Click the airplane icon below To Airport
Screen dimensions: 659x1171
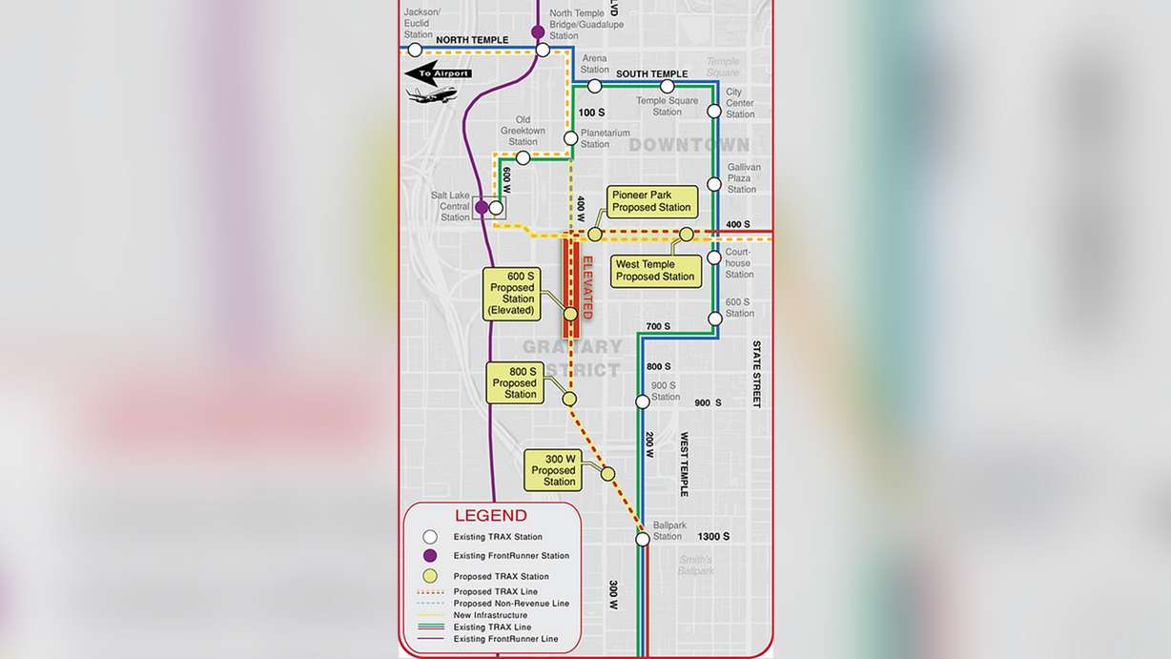tap(431, 94)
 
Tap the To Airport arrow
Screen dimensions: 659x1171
tap(437, 73)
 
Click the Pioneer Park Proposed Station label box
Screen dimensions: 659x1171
tap(652, 201)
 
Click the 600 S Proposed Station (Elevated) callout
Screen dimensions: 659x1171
tap(512, 293)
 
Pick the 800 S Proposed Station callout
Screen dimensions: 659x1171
tap(514, 381)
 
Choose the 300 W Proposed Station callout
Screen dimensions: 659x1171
tap(553, 470)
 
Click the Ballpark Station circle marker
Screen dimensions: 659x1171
tap(643, 539)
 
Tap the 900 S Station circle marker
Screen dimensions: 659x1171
tap(643, 402)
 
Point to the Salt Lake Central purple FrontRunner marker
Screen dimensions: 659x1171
tap(482, 207)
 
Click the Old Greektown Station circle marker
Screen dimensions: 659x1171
tap(523, 157)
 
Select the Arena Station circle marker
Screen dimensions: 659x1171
tap(594, 86)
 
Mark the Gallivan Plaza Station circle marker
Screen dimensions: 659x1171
tap(713, 183)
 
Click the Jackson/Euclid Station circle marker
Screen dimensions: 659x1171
tap(415, 50)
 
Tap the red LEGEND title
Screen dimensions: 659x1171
tap(491, 516)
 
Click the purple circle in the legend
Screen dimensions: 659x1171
tap(430, 556)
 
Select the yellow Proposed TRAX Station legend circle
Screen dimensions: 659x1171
tap(430, 576)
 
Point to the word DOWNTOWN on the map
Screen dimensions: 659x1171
tap(688, 145)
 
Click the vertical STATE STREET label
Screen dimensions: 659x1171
tap(756, 374)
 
